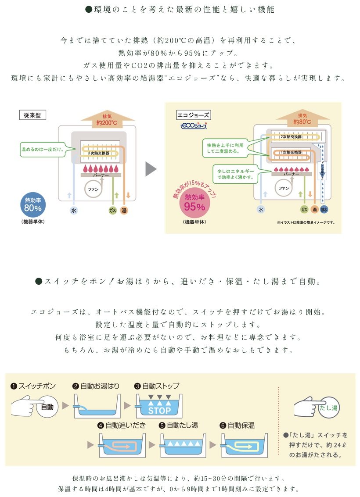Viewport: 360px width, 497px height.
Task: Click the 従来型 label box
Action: (33, 115)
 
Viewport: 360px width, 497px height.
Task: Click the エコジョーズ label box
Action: (193, 115)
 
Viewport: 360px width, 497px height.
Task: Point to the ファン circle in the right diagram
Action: (284, 188)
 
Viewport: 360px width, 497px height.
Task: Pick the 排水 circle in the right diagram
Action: (324, 210)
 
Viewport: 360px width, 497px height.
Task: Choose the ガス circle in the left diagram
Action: (112, 211)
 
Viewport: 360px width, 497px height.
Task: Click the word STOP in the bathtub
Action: (159, 411)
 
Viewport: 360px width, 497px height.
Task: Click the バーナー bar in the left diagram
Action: (101, 175)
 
